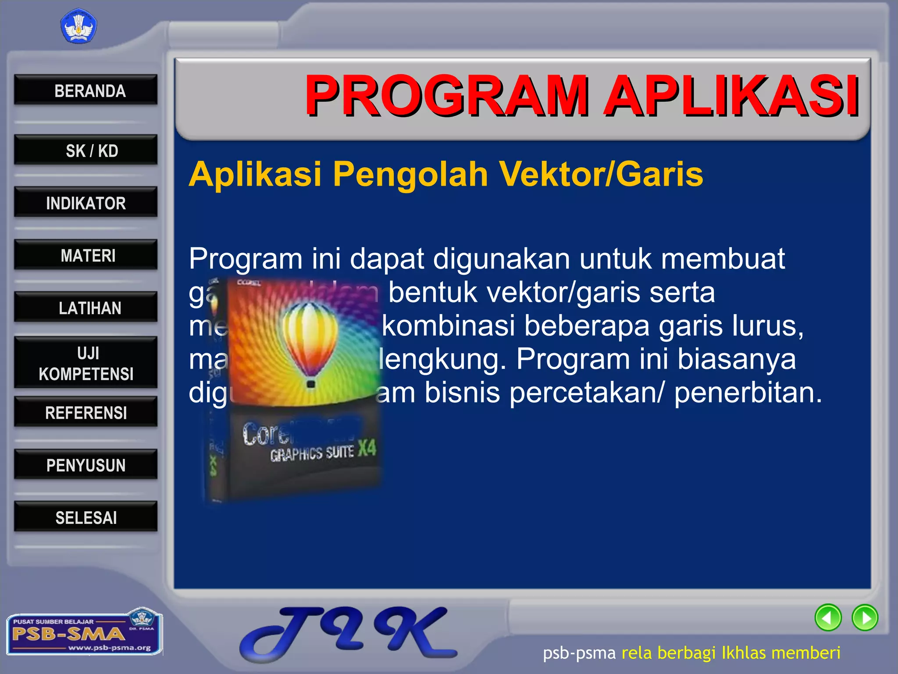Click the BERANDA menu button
86,90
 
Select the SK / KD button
86,150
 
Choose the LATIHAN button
86,307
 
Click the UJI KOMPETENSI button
86,363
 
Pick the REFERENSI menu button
86,412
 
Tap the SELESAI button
86,517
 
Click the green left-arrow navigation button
828,617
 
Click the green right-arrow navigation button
865,617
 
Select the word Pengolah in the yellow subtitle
411,174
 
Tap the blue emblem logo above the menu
78,27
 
